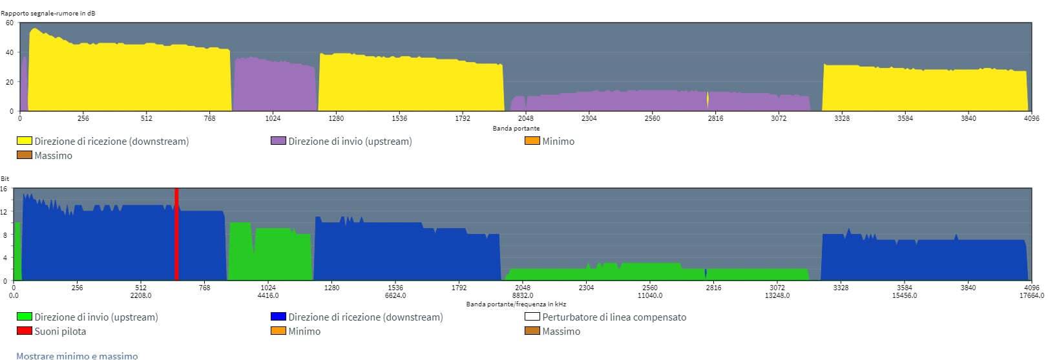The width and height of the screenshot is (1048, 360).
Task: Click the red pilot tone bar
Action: [x=176, y=234]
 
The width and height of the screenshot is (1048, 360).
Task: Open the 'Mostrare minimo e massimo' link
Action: [x=77, y=355]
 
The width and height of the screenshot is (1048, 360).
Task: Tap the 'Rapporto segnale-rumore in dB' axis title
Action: [x=48, y=13]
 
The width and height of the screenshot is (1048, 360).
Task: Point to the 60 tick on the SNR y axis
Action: [x=10, y=23]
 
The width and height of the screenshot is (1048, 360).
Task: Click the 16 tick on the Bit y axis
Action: [x=4, y=189]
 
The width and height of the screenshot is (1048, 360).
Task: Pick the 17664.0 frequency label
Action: [x=1031, y=295]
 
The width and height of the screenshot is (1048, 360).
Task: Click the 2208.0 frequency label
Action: [x=141, y=295]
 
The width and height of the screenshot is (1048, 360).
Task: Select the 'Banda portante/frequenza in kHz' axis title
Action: [x=516, y=304]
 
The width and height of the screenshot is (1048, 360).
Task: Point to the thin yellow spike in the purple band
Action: [x=707, y=100]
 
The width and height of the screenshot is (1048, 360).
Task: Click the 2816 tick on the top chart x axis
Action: [x=715, y=118]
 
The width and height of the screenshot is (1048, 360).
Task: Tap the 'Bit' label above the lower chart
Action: [x=5, y=178]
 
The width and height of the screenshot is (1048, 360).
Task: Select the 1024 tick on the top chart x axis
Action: [x=273, y=118]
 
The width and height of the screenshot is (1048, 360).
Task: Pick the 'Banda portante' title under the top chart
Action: [x=516, y=128]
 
